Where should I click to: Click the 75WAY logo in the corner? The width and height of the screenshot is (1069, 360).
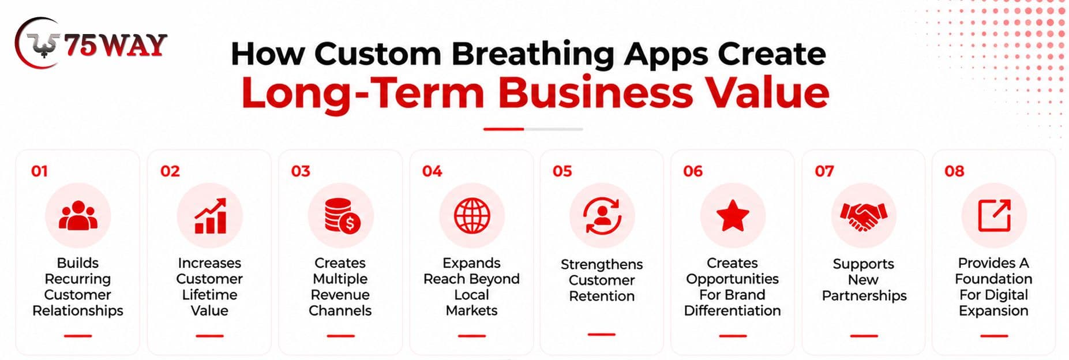[x=91, y=44]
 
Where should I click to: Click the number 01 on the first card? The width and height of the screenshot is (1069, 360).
[x=39, y=171]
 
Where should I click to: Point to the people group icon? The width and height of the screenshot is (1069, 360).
[x=78, y=216]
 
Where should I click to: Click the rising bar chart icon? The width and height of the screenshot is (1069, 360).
[x=210, y=216]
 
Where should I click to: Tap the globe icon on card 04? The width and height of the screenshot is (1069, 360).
[x=472, y=216]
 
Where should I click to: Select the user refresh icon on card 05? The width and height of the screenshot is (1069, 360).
[x=602, y=216]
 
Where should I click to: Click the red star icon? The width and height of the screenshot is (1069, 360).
[x=733, y=215]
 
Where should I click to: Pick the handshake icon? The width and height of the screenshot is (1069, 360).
[x=864, y=216]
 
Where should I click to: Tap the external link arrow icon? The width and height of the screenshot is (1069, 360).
[x=995, y=215]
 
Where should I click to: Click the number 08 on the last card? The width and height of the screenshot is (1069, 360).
[x=954, y=171]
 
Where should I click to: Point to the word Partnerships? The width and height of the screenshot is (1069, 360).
[x=864, y=296]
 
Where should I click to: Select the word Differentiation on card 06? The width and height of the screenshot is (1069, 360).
[x=733, y=311]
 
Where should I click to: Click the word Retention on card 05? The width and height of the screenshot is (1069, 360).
[x=602, y=296]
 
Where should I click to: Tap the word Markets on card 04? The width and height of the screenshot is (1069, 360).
[x=471, y=311]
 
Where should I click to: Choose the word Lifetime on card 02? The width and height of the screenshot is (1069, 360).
[x=209, y=295]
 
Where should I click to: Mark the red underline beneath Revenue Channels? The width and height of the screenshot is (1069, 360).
[x=340, y=335]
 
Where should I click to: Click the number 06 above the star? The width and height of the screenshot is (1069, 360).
[x=693, y=171]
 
